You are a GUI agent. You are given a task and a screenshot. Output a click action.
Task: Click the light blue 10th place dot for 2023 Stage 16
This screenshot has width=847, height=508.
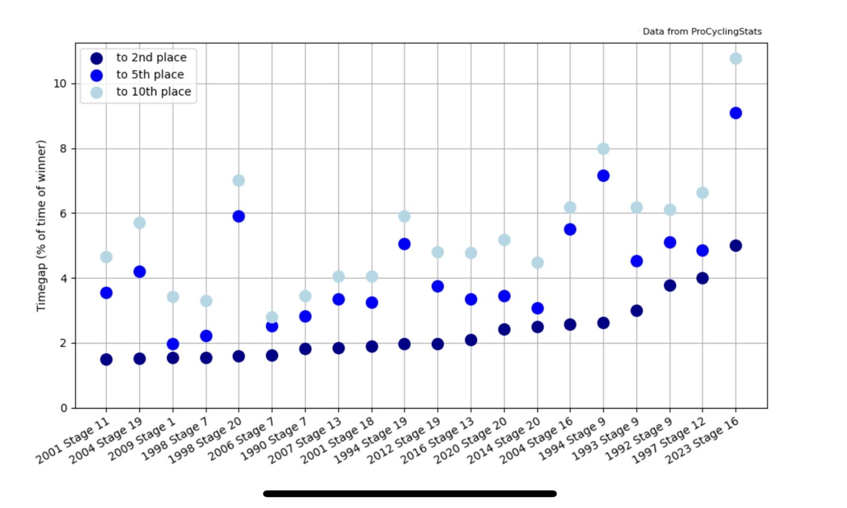pos(735,58)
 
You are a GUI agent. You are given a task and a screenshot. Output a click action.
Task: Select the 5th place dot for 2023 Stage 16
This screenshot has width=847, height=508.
pos(735,113)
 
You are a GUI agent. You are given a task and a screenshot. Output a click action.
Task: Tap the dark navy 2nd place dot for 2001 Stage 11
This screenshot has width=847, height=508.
pos(106,360)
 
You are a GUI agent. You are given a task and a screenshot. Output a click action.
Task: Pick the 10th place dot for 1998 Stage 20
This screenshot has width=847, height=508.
pos(239,181)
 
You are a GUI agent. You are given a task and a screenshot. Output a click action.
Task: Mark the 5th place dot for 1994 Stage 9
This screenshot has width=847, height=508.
pos(603,176)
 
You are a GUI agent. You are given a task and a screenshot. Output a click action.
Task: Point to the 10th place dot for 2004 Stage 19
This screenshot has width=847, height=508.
pos(140,223)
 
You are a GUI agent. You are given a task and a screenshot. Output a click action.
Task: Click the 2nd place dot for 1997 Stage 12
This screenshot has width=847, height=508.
pos(702,278)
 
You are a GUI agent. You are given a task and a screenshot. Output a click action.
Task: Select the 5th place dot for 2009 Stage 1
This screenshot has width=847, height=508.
pos(173,344)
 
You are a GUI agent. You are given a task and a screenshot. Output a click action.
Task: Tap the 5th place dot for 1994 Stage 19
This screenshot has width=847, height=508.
pos(404,244)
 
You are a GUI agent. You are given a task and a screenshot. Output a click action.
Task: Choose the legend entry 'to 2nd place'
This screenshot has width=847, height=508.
pos(151,57)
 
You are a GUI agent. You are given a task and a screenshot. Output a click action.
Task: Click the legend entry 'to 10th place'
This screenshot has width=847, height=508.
pos(154,92)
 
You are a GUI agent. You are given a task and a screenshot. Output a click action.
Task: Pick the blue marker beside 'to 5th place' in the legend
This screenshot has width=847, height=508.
pos(96,75)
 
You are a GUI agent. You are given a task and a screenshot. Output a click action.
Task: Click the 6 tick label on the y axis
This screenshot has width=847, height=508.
pos(64,213)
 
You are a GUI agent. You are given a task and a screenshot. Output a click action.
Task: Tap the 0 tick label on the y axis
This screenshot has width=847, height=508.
pos(64,408)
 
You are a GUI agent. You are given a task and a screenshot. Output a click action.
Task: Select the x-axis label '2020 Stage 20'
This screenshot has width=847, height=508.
pos(471,440)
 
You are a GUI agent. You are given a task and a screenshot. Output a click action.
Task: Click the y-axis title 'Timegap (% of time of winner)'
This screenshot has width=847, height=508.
pos(41,226)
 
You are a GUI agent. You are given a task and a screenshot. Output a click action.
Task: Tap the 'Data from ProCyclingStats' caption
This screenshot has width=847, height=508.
pos(702,32)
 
